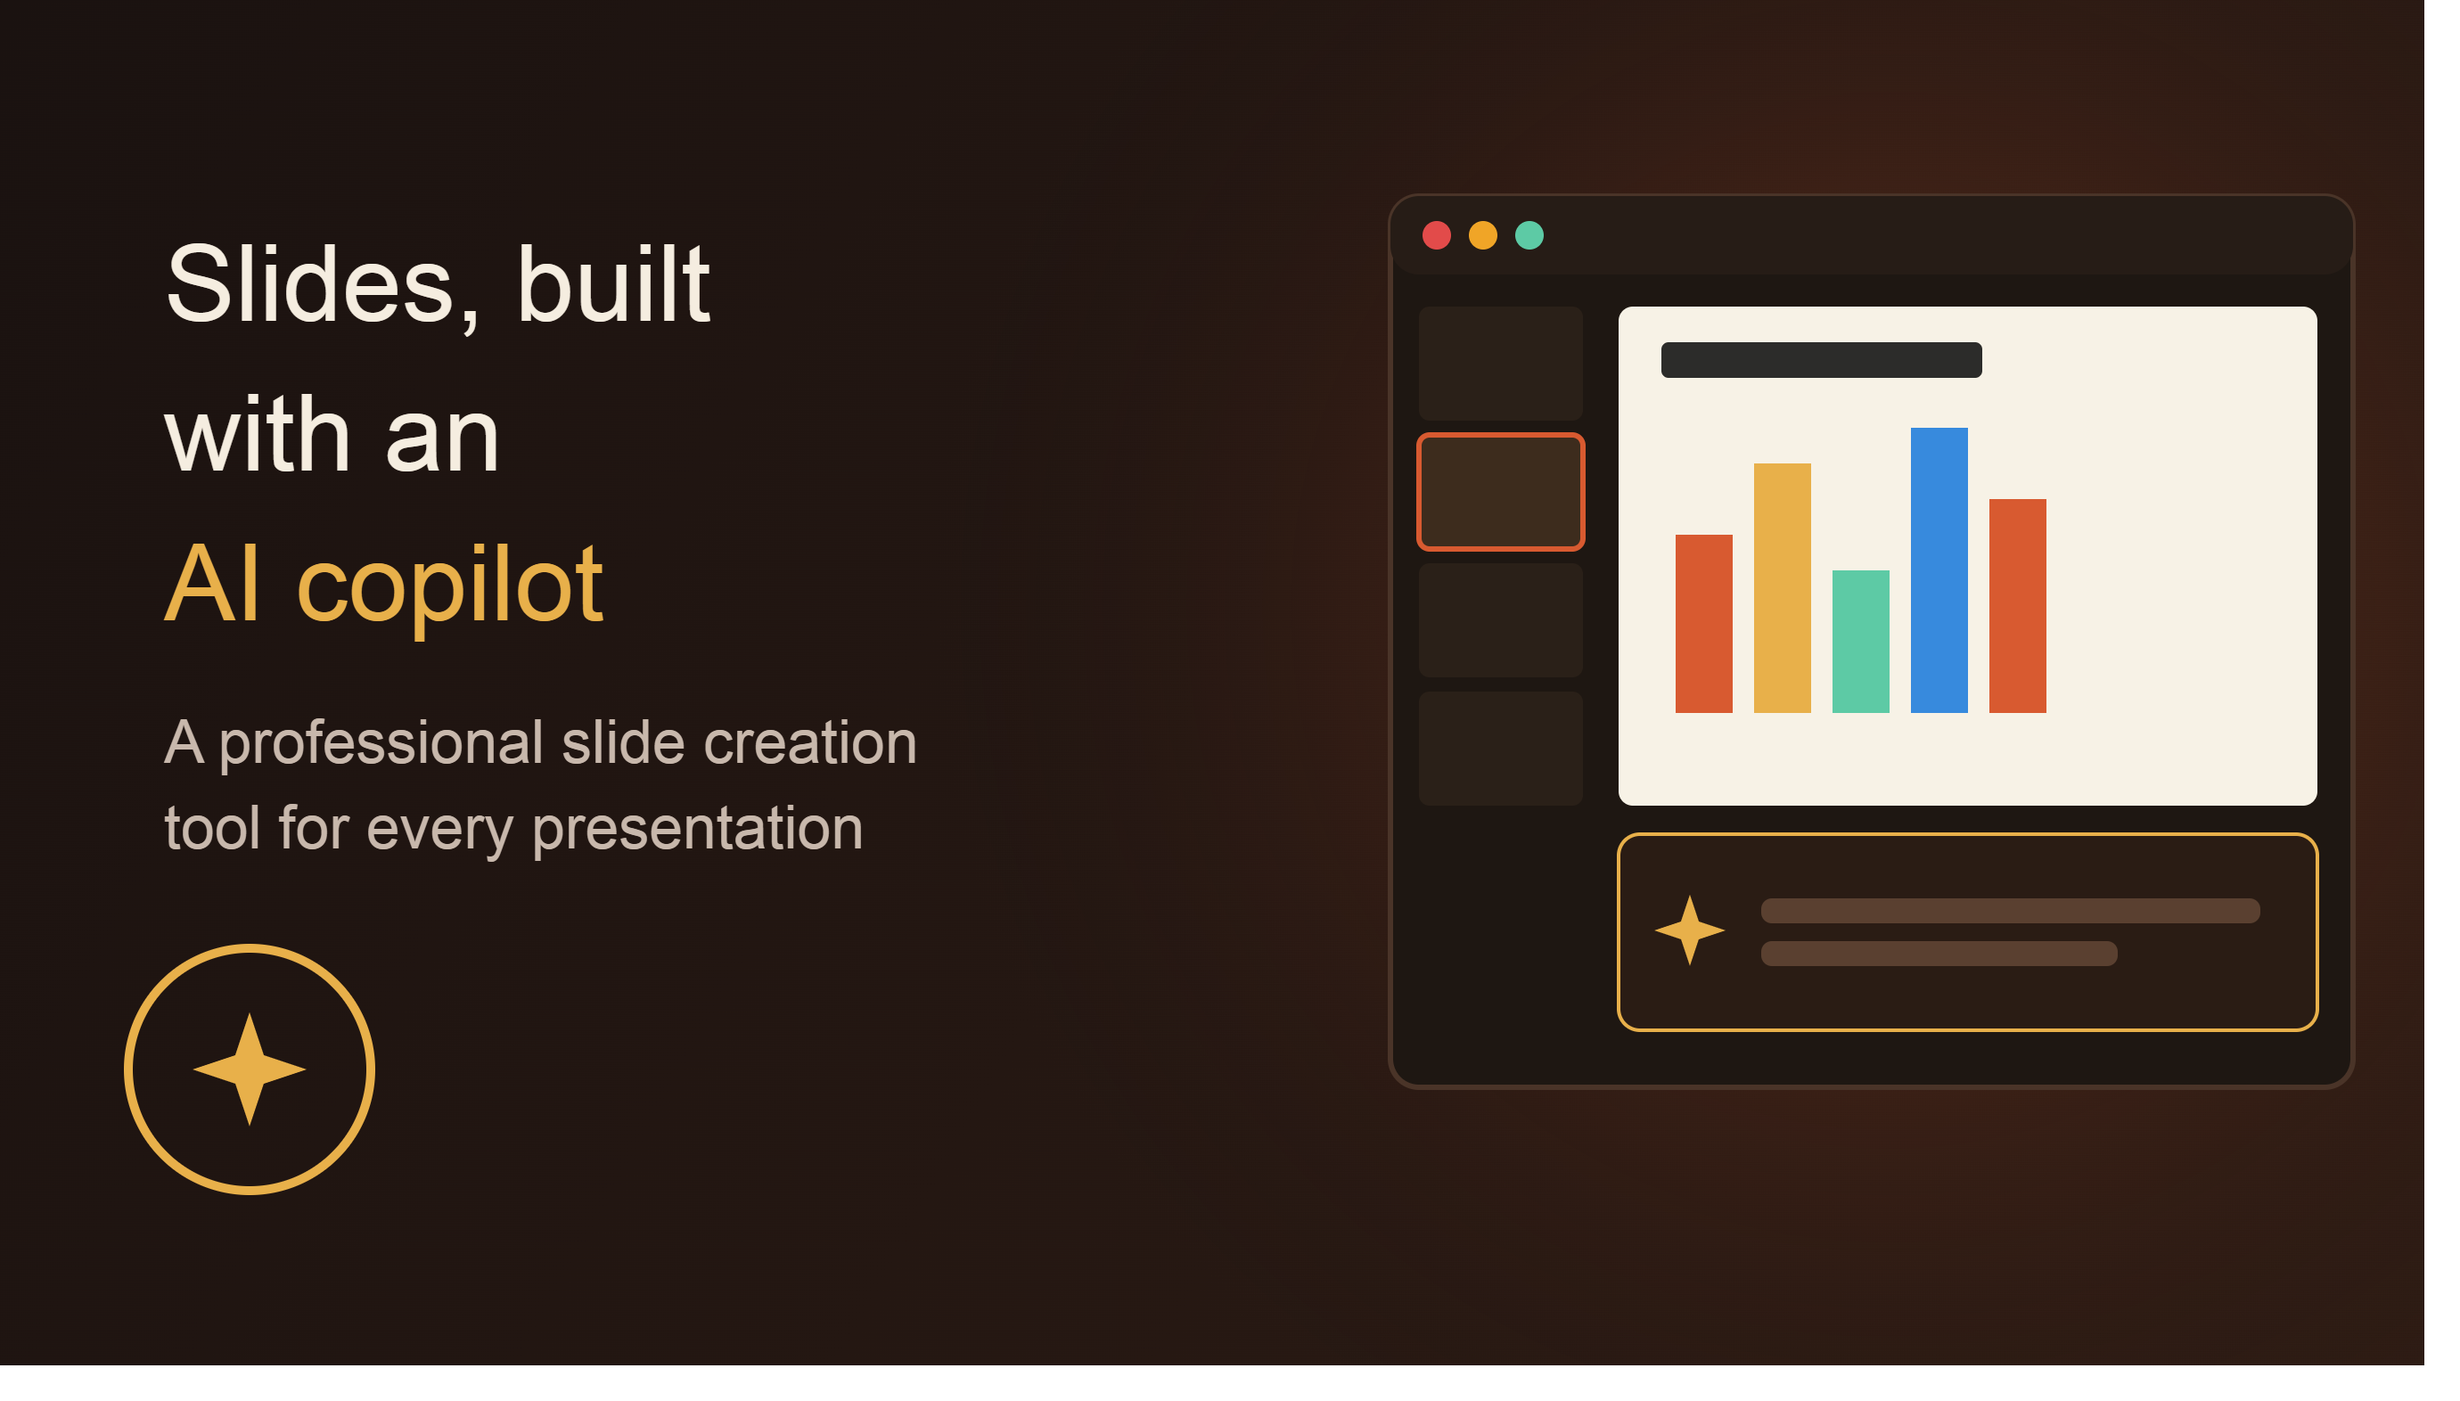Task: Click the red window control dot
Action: (x=1435, y=236)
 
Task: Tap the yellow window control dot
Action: (x=1482, y=236)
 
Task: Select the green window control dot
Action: (x=1529, y=236)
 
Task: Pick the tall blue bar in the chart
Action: (x=1939, y=569)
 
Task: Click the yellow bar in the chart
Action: (x=1782, y=588)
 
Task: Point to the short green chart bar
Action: (x=1859, y=642)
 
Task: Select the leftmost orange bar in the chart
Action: (x=1703, y=624)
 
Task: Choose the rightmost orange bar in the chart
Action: (x=2016, y=605)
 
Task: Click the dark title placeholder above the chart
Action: (x=1820, y=360)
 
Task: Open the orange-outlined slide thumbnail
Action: (x=1500, y=492)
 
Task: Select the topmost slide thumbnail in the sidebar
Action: (x=1500, y=363)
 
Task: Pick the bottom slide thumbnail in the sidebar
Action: (x=1500, y=748)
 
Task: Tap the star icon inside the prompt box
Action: (x=1688, y=930)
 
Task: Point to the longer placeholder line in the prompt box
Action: (x=2009, y=910)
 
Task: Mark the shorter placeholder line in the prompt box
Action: (x=1938, y=953)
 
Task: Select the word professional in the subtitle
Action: (x=381, y=745)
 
